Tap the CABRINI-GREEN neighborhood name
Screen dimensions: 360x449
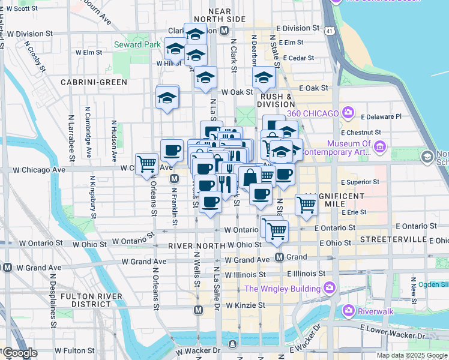93,82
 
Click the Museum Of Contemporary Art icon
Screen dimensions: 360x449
379,146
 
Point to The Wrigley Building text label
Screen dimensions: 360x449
282,289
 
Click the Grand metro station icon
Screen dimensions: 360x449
280,257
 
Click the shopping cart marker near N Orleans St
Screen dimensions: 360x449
146,164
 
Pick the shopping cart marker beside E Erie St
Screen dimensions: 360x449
307,205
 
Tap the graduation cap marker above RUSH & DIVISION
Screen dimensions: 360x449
263,77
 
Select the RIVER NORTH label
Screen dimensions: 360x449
192,246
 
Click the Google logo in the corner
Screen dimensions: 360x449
19,353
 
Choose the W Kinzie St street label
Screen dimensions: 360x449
246,305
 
